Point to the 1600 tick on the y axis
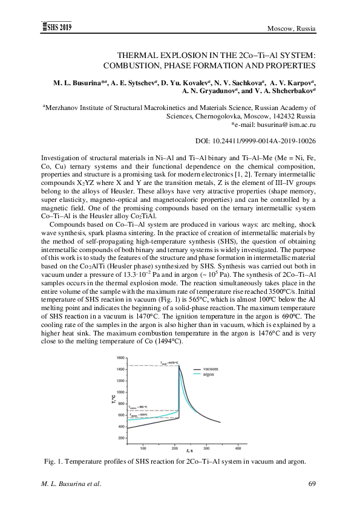click(121, 357)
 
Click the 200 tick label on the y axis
click(122, 438)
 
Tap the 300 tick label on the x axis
click(206, 448)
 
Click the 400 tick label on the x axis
click(238, 448)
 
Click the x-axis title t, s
click(190, 451)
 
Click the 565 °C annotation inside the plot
click(139, 415)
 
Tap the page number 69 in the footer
click(313, 484)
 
